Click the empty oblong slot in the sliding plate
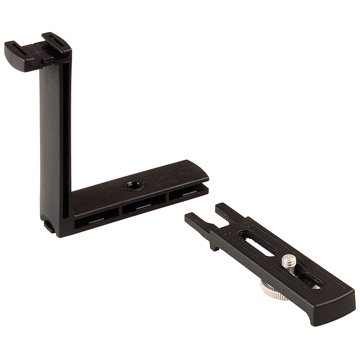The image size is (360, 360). tap(256, 243)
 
